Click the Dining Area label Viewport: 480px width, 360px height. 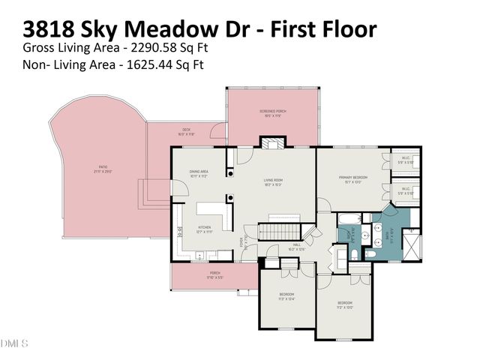click(198, 175)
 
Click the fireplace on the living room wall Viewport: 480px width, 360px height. click(269, 142)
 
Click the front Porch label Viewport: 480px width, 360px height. click(214, 275)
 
